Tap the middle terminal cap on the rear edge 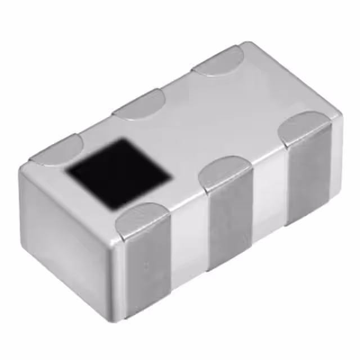coord(138,104)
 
